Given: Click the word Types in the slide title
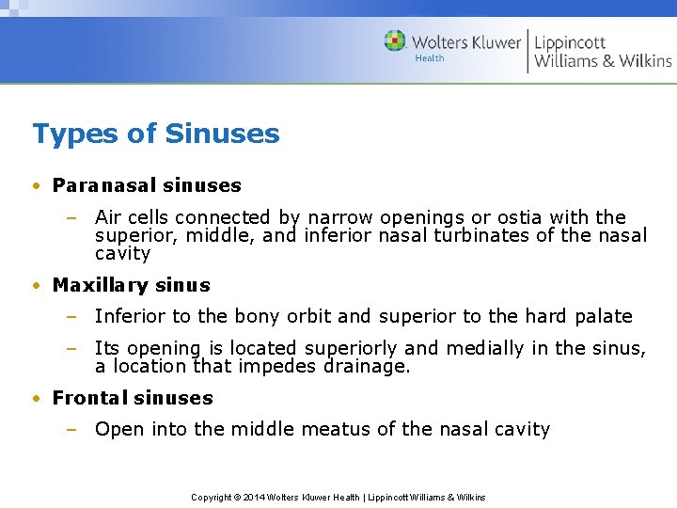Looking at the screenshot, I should click(x=66, y=134).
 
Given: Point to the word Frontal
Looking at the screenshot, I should click(x=89, y=398).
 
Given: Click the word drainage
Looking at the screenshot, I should click(x=367, y=366).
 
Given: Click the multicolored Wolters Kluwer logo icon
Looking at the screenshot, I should click(x=395, y=41).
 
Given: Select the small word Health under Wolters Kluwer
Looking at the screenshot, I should click(x=430, y=58).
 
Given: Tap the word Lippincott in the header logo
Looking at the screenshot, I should click(x=570, y=42).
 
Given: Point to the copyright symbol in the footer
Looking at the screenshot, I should click(x=238, y=497).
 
